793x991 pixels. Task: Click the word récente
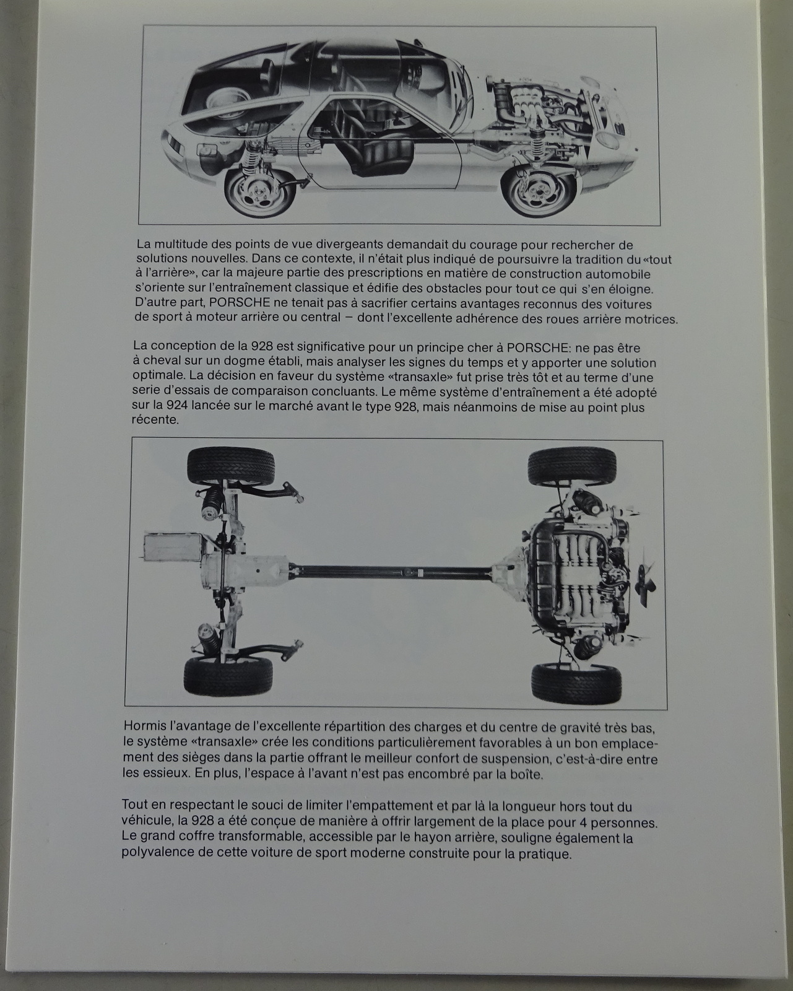[x=154, y=421]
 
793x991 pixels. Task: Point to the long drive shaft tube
[x=391, y=572]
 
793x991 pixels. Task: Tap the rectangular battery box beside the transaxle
[x=173, y=549]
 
